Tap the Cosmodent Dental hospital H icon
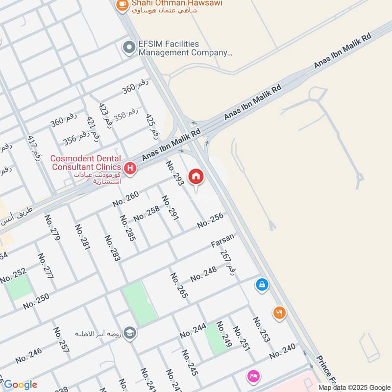point(130,169)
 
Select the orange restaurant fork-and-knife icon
point(279,313)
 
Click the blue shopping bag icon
point(262,284)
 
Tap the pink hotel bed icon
point(253,376)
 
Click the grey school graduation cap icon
point(130,333)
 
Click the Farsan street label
point(222,240)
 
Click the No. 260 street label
point(125,197)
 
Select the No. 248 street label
point(203,274)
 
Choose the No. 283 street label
point(112,248)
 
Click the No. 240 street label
point(282,351)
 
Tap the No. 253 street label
point(261,329)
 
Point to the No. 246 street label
point(28,355)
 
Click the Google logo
point(21,385)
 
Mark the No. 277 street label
point(45,266)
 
